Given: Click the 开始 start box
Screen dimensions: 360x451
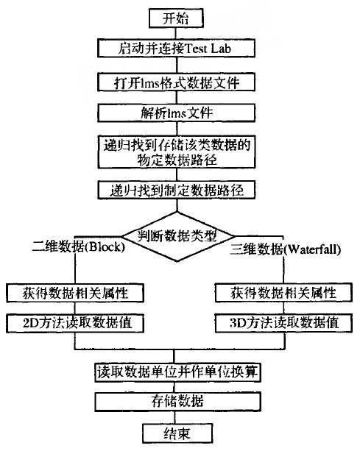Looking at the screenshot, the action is click(176, 18).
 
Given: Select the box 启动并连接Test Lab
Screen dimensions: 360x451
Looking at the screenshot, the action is click(177, 49).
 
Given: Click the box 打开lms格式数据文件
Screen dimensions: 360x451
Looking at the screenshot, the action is click(177, 82).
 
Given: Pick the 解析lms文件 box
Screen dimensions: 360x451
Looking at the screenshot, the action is click(177, 113).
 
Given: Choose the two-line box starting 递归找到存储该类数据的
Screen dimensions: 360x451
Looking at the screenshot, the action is click(177, 152).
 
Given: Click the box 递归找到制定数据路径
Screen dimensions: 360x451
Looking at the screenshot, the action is click(177, 190).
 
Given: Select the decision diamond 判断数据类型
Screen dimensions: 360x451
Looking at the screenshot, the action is click(177, 236).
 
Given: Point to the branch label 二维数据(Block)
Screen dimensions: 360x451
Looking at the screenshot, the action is click(79, 246).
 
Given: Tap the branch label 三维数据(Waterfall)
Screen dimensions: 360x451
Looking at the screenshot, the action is click(286, 249).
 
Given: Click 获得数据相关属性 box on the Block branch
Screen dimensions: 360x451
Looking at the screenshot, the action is click(75, 293).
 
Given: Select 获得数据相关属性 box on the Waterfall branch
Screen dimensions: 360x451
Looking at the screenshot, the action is click(283, 293).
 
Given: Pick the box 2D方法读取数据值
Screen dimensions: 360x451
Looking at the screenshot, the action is click(75, 323).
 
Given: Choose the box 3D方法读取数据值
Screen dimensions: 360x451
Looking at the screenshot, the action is click(283, 323).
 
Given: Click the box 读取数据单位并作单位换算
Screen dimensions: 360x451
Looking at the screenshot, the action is click(178, 372).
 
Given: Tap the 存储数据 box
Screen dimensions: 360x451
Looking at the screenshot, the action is click(178, 402).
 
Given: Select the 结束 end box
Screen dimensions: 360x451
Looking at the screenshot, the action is click(177, 433).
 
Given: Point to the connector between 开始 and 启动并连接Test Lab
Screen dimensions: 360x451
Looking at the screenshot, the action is click(177, 34).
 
